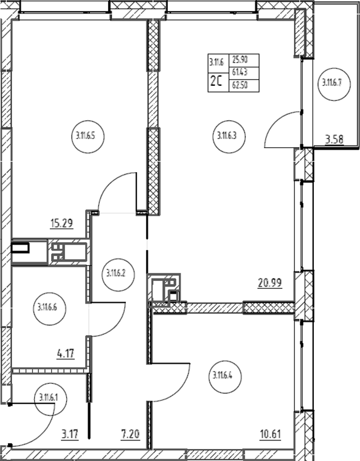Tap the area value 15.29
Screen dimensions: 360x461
[61, 224]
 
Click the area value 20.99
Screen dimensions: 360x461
[270, 283]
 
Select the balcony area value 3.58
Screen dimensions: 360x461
[334, 140]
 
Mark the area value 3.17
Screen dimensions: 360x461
[71, 434]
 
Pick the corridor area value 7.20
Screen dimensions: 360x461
[130, 434]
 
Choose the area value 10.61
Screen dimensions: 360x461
[270, 434]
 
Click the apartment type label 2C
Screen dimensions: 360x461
[216, 81]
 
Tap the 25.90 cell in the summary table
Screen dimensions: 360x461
[240, 60]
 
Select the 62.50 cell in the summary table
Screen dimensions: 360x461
[240, 85]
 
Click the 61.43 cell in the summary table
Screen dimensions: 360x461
[240, 72]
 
